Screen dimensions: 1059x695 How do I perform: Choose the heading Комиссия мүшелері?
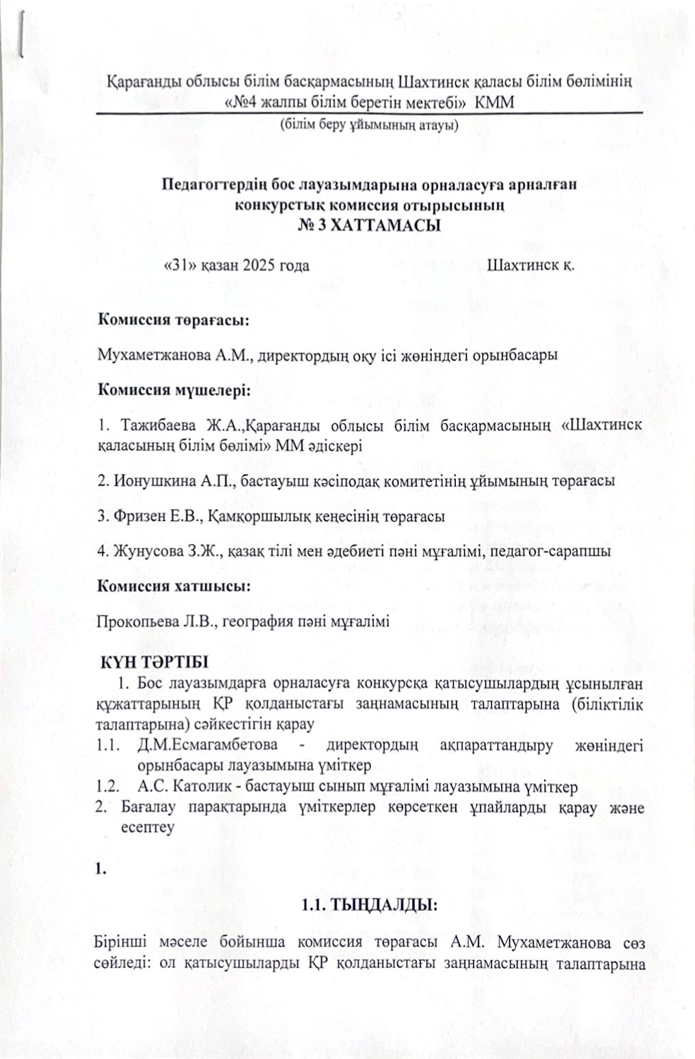tap(174, 391)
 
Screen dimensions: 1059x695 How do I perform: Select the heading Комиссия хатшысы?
tap(172, 586)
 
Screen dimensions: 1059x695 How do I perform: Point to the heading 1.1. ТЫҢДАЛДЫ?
tap(368, 905)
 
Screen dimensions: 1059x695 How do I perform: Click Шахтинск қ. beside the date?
tap(530, 266)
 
